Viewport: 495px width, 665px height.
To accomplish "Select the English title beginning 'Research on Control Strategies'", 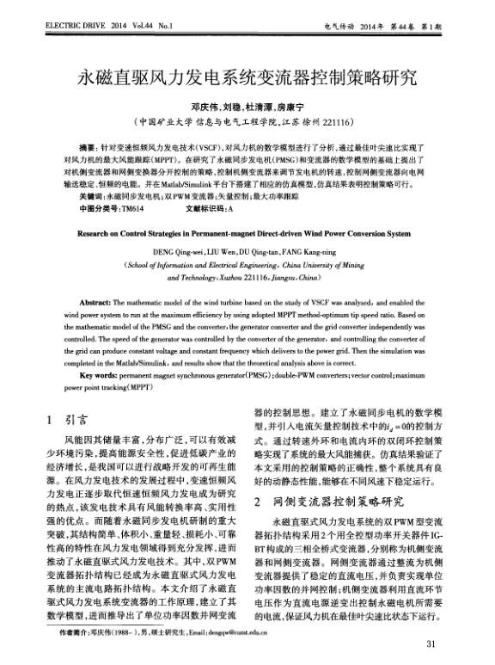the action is coord(245,232).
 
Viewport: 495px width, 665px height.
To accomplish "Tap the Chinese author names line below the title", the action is coord(247,107).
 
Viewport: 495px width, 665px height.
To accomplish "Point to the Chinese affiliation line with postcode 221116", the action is coord(247,122).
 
